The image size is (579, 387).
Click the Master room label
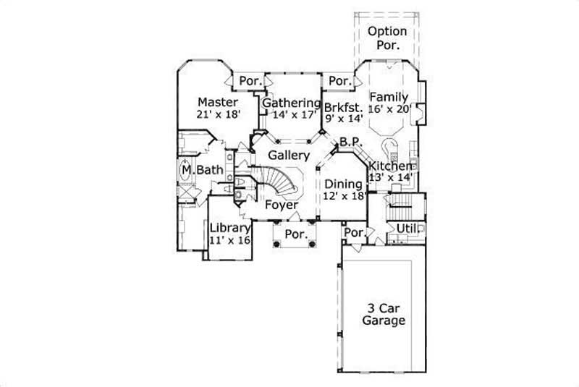[217, 101]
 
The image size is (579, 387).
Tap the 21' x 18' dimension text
[218, 114]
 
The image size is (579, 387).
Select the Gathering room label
[292, 103]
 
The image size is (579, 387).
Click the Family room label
[389, 97]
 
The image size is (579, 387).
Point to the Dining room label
[343, 184]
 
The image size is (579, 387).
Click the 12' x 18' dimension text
[345, 196]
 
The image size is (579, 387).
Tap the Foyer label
[282, 205]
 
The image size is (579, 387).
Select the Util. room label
[406, 229]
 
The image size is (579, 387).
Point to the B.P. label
[351, 143]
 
